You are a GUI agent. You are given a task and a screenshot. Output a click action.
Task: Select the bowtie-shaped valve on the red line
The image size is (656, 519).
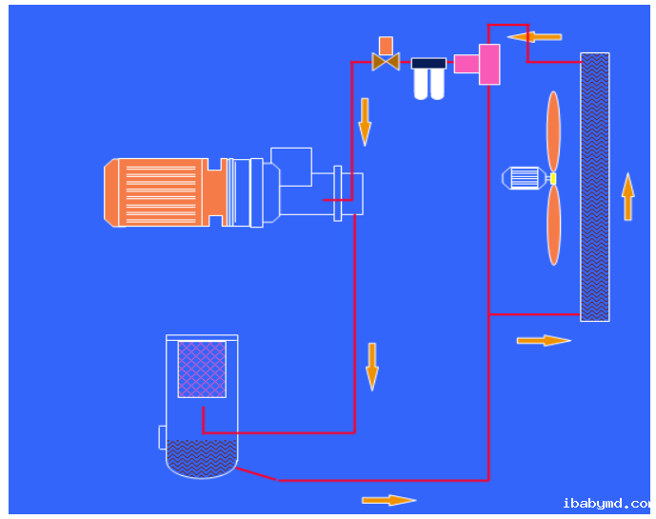point(386,63)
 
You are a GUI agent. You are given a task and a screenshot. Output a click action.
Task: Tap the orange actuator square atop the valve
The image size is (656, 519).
point(386,45)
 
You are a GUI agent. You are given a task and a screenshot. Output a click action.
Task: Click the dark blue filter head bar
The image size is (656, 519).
point(428,64)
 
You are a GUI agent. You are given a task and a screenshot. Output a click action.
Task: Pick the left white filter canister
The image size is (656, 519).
point(421,85)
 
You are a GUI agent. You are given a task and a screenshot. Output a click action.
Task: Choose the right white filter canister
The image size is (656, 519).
point(437,85)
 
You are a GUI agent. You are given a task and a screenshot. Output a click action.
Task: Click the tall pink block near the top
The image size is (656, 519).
point(489,64)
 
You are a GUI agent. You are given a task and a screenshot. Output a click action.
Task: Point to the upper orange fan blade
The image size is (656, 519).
point(553,130)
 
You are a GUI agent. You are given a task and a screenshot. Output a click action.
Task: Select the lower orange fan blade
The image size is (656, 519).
point(553,225)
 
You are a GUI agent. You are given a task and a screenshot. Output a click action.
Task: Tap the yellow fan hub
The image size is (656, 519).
point(552,178)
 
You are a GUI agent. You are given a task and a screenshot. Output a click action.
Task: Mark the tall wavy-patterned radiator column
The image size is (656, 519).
point(595,187)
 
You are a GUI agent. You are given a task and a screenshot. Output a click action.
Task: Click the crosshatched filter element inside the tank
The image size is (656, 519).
point(202,369)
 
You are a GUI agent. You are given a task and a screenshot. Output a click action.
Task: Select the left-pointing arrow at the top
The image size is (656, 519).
point(534,37)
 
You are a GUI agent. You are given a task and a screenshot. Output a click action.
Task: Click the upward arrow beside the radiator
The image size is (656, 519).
point(627,196)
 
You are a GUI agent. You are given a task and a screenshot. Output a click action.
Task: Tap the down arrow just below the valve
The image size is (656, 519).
point(365,120)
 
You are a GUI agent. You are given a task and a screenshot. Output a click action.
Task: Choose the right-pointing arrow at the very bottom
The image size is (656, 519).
point(388,500)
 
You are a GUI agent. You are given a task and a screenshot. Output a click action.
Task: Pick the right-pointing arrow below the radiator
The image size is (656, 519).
point(544,340)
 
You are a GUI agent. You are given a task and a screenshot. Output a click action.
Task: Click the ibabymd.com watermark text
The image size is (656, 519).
point(606,503)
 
